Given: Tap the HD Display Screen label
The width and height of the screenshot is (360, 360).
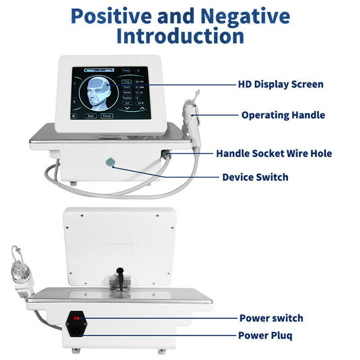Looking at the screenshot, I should click(280, 84).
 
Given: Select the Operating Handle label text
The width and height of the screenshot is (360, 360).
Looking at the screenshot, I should click(283, 115).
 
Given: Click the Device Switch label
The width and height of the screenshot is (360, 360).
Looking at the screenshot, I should click(255, 177).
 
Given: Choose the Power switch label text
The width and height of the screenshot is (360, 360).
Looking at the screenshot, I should click(271, 318).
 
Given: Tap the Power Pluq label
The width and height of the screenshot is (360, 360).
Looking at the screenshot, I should click(265, 335).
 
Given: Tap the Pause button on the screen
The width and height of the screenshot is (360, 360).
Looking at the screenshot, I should click(107, 115).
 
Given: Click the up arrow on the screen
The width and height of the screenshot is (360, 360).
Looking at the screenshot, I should click(142, 108).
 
